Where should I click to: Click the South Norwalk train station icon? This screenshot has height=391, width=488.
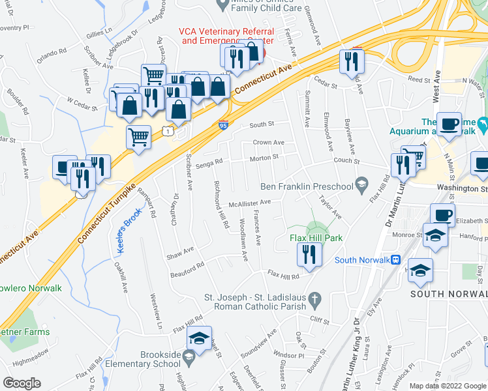click(395, 259)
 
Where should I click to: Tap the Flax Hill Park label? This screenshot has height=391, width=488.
click(316, 239)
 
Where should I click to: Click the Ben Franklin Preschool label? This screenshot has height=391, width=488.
click(307, 186)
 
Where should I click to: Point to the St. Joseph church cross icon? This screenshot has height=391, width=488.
click(315, 299)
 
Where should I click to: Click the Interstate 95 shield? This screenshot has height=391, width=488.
click(223, 124)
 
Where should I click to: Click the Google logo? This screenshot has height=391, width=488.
click(22, 384)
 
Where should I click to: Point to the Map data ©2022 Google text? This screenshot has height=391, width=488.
click(447, 386)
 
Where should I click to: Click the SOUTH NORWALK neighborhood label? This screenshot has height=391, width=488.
click(448, 295)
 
